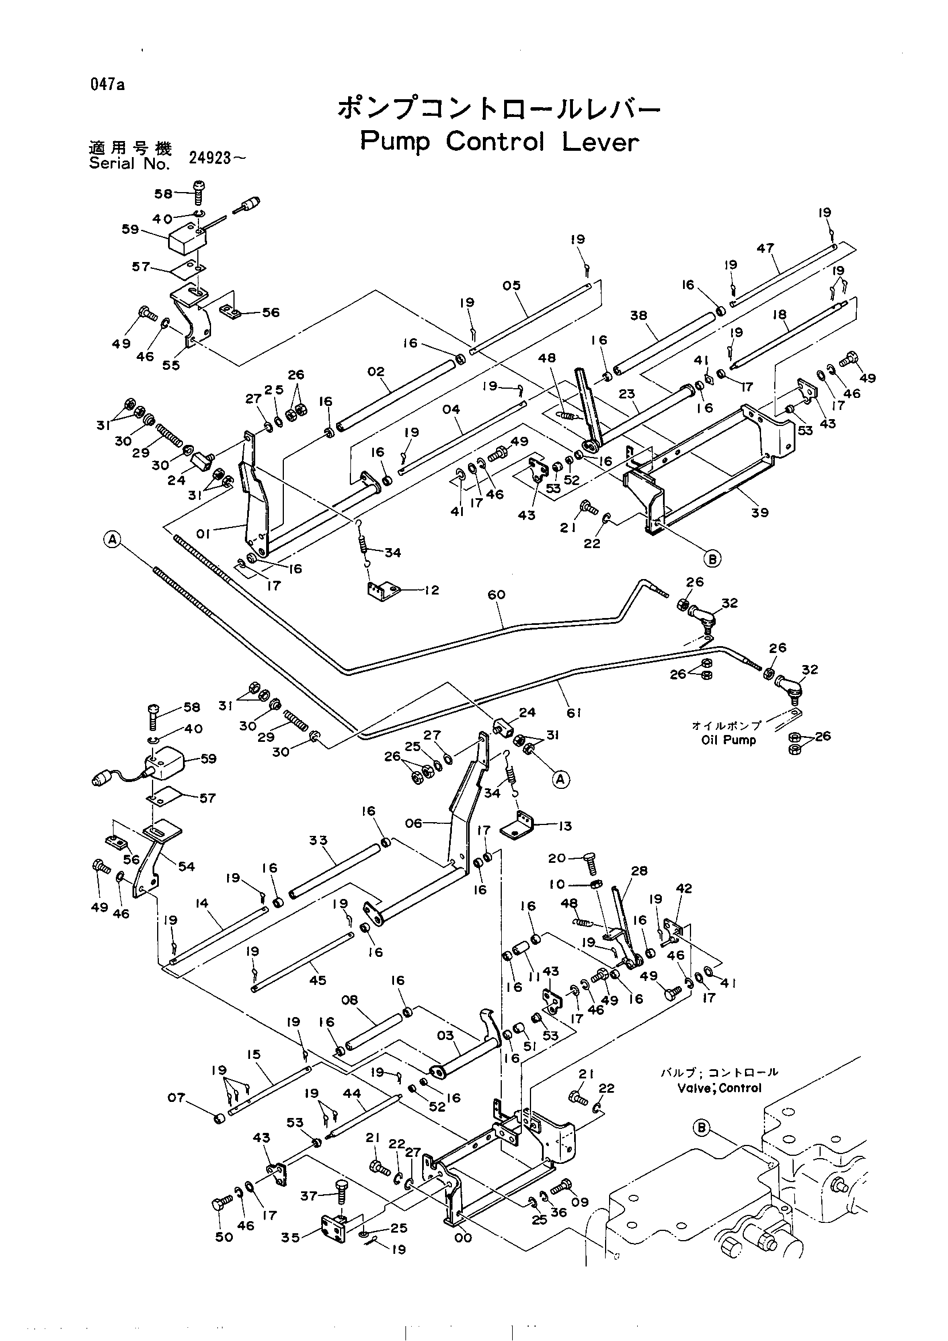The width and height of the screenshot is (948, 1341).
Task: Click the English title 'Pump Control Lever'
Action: point(500,142)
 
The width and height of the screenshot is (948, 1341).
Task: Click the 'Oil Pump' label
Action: point(729,740)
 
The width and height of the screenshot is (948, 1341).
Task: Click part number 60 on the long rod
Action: point(497,595)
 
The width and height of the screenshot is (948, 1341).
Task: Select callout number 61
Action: point(574,713)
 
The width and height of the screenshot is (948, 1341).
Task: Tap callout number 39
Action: point(760,512)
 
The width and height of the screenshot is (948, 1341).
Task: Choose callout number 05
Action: point(511,285)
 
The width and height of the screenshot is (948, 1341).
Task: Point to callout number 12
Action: point(431,590)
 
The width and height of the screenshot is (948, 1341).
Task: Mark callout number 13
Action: point(564,826)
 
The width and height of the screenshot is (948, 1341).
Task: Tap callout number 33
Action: point(318,840)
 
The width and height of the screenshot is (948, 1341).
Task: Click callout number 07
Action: point(177,1097)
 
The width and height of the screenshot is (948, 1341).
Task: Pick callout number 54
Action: point(186,867)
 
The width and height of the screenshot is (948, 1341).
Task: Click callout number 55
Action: point(171,366)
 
